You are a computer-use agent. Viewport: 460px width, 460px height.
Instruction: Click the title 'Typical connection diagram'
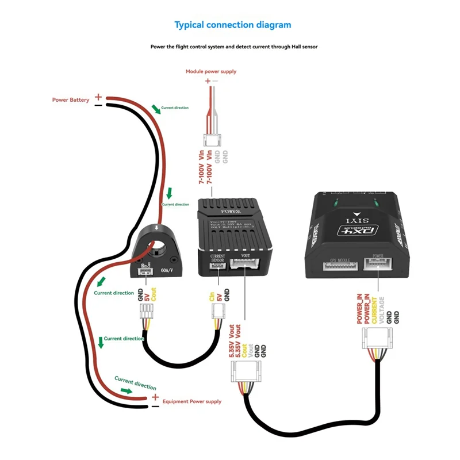point(233,25)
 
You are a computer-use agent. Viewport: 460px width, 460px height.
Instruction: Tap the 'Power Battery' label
point(71,100)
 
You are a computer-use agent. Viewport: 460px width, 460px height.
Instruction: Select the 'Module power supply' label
point(210,72)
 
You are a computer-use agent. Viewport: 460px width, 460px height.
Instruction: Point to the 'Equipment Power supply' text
point(192,401)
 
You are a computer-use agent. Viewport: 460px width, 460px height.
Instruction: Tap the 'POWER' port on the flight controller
point(378,265)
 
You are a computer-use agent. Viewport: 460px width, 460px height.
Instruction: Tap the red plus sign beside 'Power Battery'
point(98,97)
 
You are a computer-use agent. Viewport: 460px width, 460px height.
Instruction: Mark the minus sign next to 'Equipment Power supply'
point(155,406)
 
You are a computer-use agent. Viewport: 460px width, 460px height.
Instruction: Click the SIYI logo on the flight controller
point(352,220)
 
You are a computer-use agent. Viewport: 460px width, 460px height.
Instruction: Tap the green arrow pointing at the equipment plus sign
point(130,392)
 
